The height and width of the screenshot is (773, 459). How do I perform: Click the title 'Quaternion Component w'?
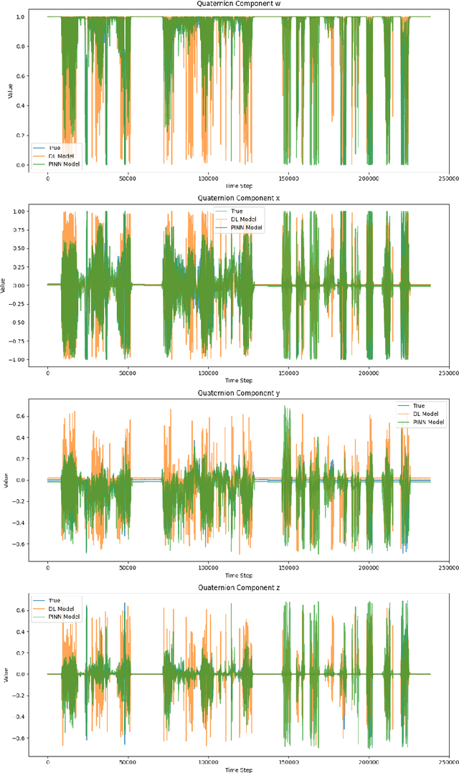click(x=239, y=4)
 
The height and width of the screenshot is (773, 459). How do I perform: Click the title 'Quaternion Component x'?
click(x=239, y=199)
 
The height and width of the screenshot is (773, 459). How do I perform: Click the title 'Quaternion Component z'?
click(x=239, y=587)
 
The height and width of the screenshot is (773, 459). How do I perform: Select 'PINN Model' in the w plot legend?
click(x=65, y=165)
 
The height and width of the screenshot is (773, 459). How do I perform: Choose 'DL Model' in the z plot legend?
click(x=62, y=608)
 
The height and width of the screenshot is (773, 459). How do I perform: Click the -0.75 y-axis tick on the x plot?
click(x=18, y=341)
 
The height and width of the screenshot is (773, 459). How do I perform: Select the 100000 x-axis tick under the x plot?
click(x=208, y=372)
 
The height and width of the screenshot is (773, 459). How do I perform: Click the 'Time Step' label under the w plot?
click(x=239, y=186)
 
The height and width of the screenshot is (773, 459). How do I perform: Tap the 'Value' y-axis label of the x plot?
click(x=6, y=285)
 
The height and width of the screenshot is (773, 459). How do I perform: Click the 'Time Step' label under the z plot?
click(x=239, y=769)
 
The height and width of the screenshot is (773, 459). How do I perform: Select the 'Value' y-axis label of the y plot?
click(x=6, y=480)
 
